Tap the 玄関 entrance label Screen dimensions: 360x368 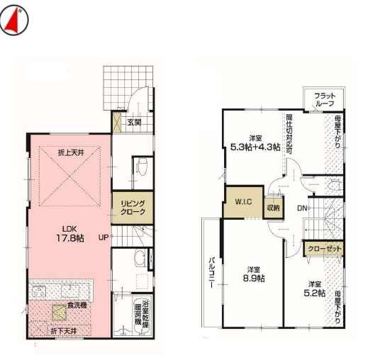click(134, 122)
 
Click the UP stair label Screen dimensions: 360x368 click(104, 237)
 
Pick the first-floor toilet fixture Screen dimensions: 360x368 click(140, 168)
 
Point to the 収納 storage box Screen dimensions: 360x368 click(273, 208)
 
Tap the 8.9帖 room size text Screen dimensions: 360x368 click(254, 278)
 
